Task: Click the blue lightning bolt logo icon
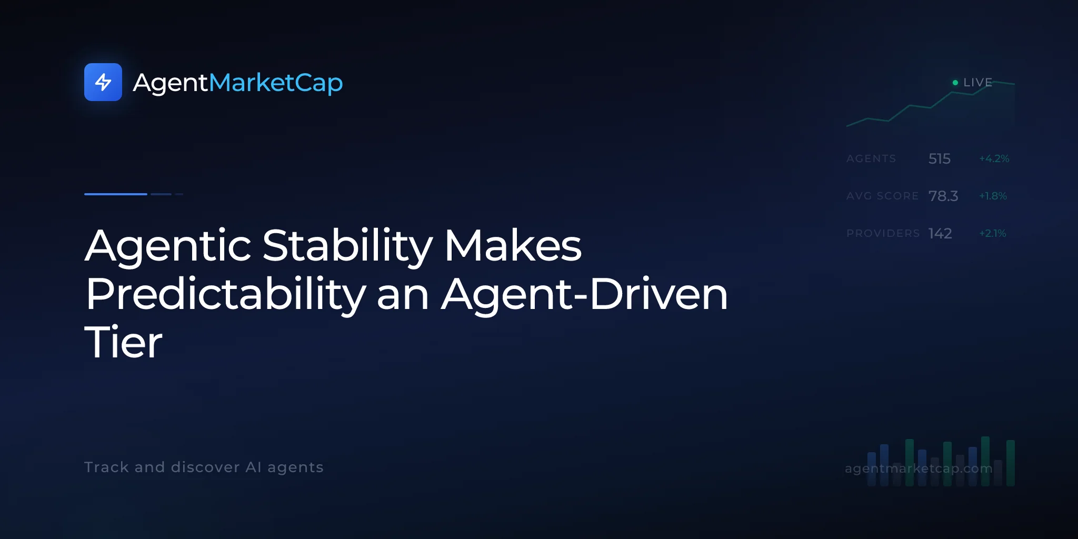pyautogui.click(x=103, y=82)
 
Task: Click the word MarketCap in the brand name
pyautogui.click(x=276, y=83)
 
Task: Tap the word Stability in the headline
pyautogui.click(x=347, y=246)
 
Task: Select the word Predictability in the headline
pyautogui.click(x=226, y=294)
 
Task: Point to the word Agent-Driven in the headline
pyautogui.click(x=584, y=294)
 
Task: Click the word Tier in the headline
pyautogui.click(x=124, y=342)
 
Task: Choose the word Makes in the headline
pyautogui.click(x=513, y=245)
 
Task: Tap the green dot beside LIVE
pyautogui.click(x=955, y=83)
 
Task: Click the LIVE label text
pyautogui.click(x=977, y=83)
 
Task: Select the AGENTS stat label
pyautogui.click(x=871, y=158)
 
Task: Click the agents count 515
pyautogui.click(x=940, y=158)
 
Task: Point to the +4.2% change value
pyautogui.click(x=994, y=158)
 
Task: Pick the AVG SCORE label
pyautogui.click(x=882, y=196)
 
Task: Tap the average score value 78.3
pyautogui.click(x=943, y=196)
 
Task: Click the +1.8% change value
pyautogui.click(x=993, y=196)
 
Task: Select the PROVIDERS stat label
pyautogui.click(x=883, y=233)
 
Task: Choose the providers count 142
pyautogui.click(x=940, y=233)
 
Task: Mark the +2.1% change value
pyautogui.click(x=993, y=233)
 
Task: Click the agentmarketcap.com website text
pyautogui.click(x=919, y=468)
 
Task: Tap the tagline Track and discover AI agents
pyautogui.click(x=204, y=467)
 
